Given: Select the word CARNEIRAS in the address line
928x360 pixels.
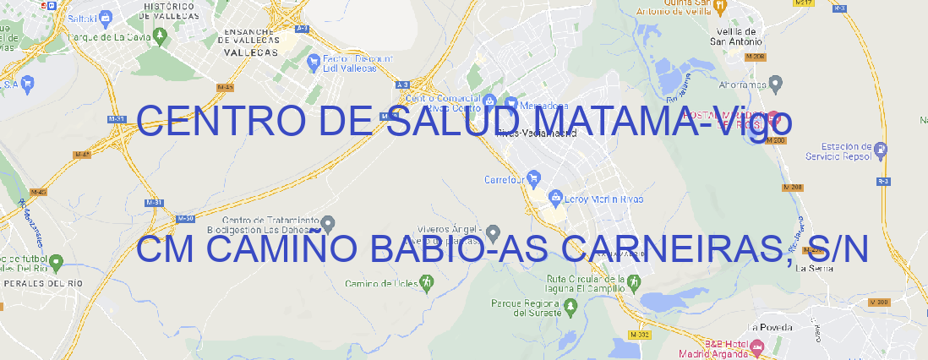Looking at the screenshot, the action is point(675,248).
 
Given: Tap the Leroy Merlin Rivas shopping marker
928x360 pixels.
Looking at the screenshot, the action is point(555,199).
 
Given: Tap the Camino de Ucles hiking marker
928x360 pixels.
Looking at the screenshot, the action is point(426,284).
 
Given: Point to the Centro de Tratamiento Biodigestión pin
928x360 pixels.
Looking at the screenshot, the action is point(328,223).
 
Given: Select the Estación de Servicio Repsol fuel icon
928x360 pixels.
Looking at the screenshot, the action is point(882,150).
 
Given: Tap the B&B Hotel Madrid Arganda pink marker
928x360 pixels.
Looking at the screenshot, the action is point(756,346).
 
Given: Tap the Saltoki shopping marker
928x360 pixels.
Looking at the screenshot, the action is point(105,16).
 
